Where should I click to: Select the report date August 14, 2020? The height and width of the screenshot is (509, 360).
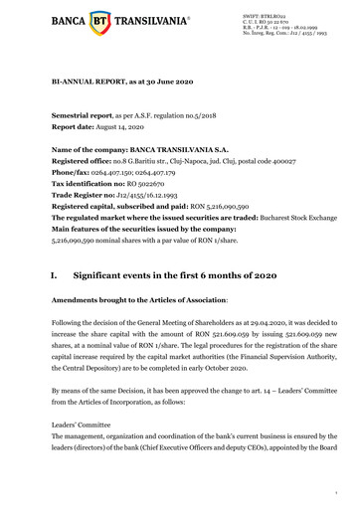coord(142,126)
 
